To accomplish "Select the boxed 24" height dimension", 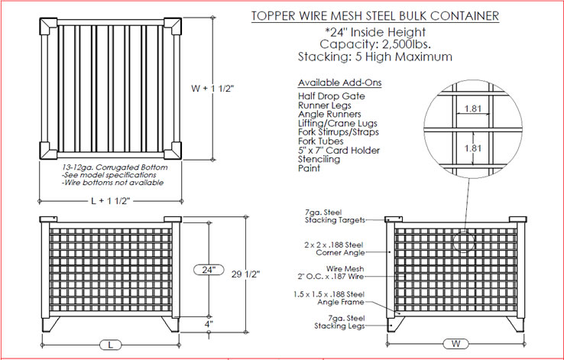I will point(207,270).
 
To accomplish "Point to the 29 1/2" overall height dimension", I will point(261,274).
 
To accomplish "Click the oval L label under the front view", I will point(111,345).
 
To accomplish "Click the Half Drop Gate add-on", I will point(331,96).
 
